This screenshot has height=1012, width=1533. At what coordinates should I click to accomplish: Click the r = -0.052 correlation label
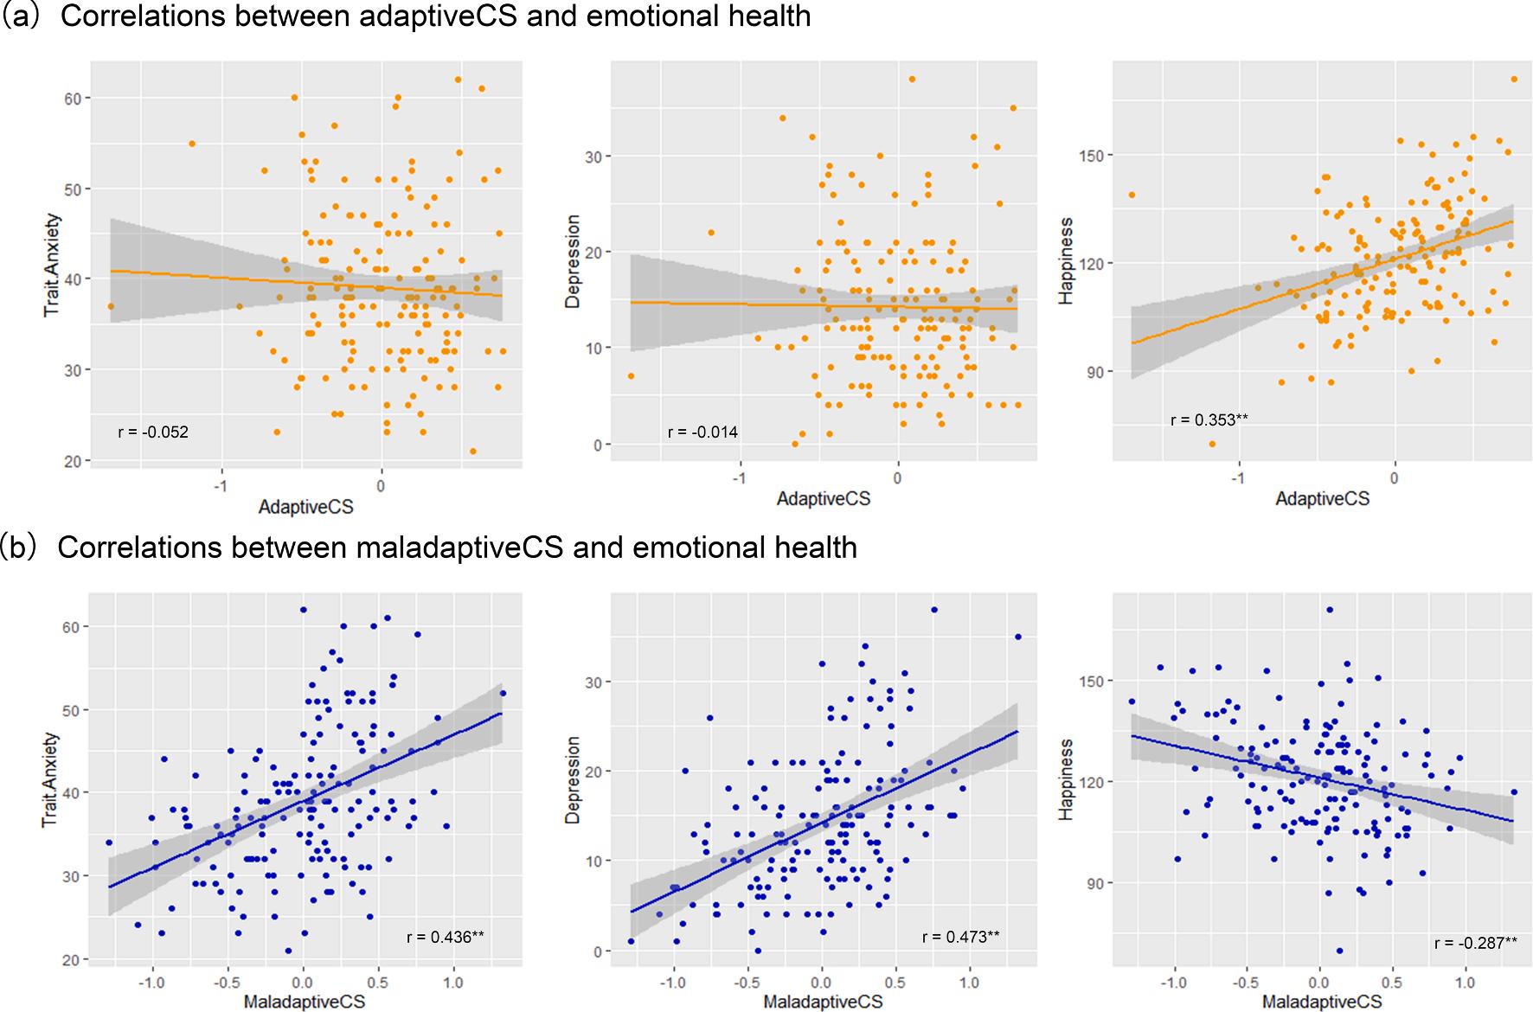point(153,432)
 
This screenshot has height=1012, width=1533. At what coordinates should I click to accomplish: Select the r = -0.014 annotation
point(702,432)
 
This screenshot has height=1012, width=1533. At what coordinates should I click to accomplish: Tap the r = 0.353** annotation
point(1209,420)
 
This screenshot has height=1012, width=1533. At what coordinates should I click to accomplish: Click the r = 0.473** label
point(960,936)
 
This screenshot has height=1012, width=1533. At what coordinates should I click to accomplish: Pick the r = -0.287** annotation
point(1475,943)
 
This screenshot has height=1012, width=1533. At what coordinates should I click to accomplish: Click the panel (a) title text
point(407,16)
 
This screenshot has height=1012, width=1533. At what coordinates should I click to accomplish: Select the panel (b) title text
point(430,548)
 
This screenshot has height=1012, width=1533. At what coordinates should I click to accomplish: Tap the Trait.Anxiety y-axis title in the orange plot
point(52,264)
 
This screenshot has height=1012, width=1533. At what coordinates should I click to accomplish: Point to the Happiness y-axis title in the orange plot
point(1066,260)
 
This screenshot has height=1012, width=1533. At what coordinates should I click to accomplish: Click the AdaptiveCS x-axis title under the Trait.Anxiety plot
point(305,508)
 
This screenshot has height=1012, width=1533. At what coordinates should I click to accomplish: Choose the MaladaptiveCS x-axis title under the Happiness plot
point(1322,1002)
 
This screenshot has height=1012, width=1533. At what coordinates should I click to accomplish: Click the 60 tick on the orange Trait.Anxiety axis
point(73,99)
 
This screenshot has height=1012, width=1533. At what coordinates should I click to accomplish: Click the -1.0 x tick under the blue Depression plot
point(673,983)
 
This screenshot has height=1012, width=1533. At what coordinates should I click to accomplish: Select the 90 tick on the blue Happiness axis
point(1093,883)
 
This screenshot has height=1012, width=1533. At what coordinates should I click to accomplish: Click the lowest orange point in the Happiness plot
point(1212,444)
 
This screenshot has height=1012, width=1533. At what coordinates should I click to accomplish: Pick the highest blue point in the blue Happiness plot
point(1330,610)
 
